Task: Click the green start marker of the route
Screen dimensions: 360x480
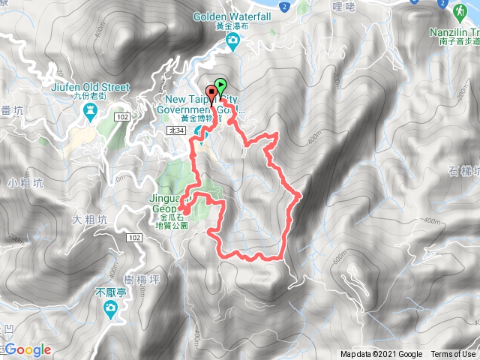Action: click(220, 85)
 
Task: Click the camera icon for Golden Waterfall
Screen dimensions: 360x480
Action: click(234, 40)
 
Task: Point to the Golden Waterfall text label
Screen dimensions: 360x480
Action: click(230, 16)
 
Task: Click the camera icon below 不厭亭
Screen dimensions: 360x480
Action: click(109, 308)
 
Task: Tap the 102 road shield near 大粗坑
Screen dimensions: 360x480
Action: click(133, 238)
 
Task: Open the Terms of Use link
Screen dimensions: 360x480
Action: click(452, 355)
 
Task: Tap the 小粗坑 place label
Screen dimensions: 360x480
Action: click(22, 182)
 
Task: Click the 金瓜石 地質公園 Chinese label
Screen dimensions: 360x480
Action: click(173, 219)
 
